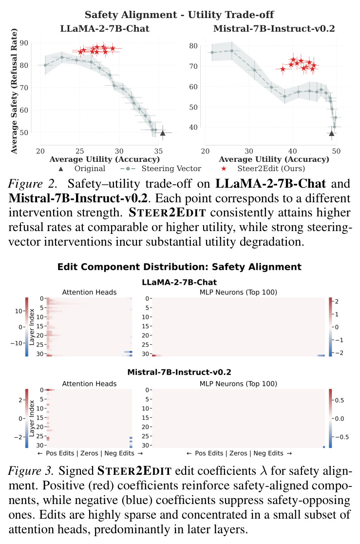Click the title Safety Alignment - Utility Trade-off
[179, 15]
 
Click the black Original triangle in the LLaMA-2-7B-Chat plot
[163, 133]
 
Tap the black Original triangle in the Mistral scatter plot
[332, 133]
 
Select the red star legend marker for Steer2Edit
[224, 169]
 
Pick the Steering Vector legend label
[171, 169]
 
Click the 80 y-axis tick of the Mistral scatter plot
[193, 46]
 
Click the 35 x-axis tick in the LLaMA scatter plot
[158, 151]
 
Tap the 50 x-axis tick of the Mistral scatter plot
[336, 151]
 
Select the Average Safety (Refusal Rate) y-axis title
[14, 92]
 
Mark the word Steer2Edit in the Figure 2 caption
[168, 213]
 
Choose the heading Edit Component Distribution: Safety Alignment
[179, 267]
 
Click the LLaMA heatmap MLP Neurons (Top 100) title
[238, 292]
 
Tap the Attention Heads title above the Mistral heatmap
[89, 384]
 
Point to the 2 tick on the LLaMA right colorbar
[337, 301]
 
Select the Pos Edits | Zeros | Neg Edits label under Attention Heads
[90, 453]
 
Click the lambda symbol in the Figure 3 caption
[264, 471]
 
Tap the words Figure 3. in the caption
[31, 471]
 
